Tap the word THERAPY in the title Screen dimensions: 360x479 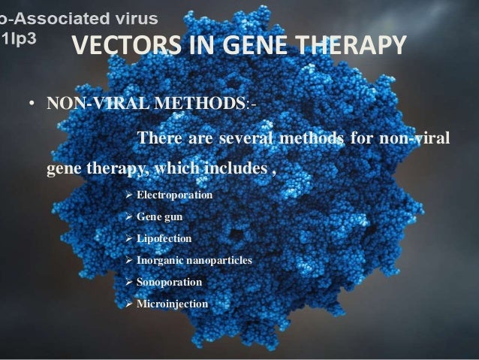point(348,47)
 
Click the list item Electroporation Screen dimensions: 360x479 point(174,195)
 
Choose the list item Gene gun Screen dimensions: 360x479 point(159,217)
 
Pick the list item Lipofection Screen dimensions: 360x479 point(164,238)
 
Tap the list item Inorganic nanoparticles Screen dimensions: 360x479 point(194,260)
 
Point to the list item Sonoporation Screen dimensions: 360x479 point(169,282)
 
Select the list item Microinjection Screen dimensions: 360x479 point(172,304)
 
